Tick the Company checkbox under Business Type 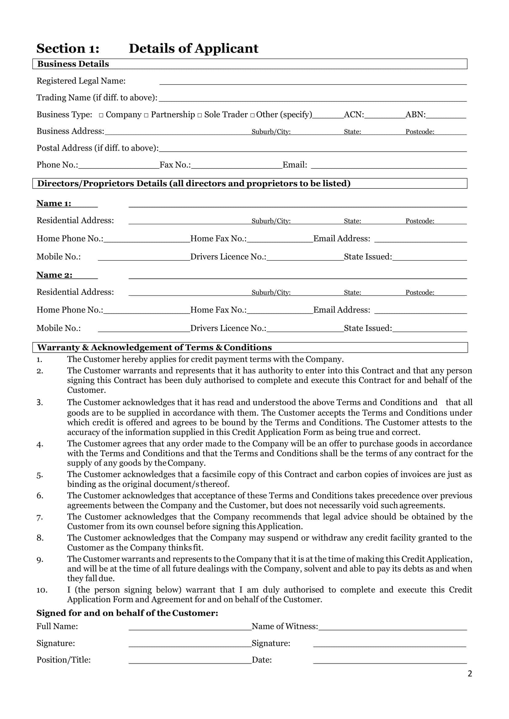(101, 115)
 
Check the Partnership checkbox (146, 115)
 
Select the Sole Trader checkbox (200, 115)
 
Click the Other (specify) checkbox (252, 115)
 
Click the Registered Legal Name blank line (313, 82)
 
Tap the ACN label (354, 115)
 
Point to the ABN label (416, 115)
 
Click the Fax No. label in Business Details (175, 165)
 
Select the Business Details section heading (73, 64)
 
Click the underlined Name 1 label (54, 203)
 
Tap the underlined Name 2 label (54, 275)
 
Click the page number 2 (470, 674)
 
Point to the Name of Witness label (284, 626)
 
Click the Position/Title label (63, 660)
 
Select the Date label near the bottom (261, 660)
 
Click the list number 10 (42, 590)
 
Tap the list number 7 (39, 518)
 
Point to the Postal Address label (97, 148)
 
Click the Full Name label (57, 626)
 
